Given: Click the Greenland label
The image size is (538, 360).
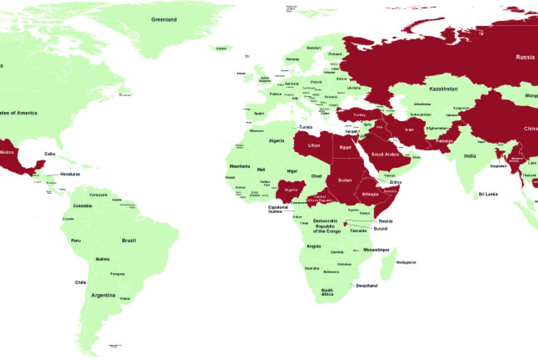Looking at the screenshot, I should click(x=164, y=20).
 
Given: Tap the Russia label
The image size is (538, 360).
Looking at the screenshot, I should click(x=525, y=57).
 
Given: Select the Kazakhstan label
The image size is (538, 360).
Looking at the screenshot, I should click(x=443, y=89).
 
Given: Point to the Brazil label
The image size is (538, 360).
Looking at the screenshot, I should click(x=129, y=241).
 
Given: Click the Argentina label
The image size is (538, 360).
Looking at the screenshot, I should click(x=103, y=295).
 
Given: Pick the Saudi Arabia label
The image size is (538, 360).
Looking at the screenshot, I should click(x=385, y=154).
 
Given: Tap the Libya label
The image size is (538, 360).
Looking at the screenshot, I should click(x=314, y=146).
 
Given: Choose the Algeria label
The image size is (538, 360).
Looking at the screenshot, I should click(x=276, y=141).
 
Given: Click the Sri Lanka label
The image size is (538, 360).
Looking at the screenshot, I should click(x=488, y=194).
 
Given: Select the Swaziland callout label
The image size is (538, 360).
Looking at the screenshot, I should click(x=366, y=286).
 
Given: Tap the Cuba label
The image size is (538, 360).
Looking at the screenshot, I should click(x=50, y=154).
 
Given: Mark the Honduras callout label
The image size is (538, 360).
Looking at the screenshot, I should click(x=70, y=174).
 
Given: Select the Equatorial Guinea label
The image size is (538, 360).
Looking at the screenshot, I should click(x=278, y=209).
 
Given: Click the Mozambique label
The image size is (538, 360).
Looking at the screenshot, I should click(x=376, y=250).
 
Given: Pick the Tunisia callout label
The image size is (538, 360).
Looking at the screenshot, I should click(x=306, y=127).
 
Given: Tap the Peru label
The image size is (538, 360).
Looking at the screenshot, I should click(x=76, y=241).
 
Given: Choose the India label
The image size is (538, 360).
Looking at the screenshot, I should click(x=470, y=156).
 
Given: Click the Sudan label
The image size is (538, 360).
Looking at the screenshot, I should click(x=345, y=180).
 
